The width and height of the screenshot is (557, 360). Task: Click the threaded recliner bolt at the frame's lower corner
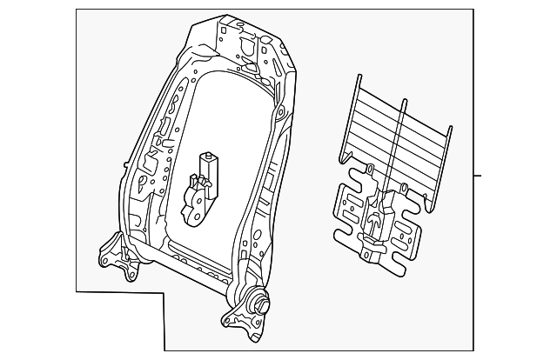click(x=258, y=304)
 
